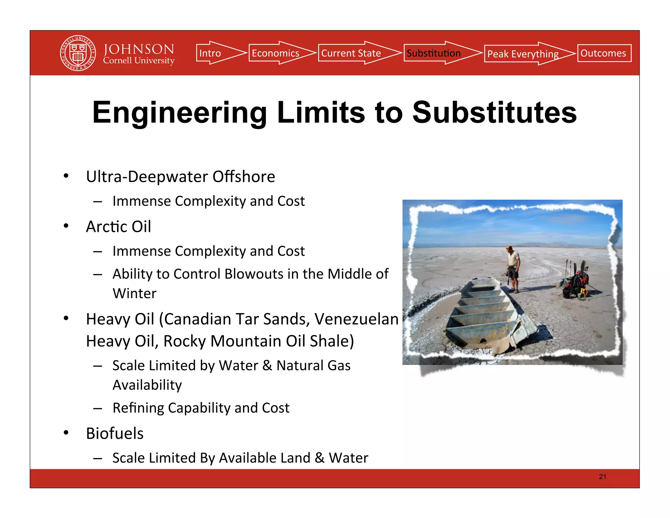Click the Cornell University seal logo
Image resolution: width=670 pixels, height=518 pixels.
click(78, 53)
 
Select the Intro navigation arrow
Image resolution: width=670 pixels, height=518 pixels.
click(216, 53)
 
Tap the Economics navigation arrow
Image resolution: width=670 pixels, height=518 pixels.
click(278, 53)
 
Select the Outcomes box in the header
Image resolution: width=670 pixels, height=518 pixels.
click(604, 53)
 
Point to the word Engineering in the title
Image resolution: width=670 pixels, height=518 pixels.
click(179, 113)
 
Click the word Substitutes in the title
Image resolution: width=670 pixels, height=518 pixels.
click(494, 113)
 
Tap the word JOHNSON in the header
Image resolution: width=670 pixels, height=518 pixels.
click(139, 49)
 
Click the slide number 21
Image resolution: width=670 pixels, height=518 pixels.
click(602, 477)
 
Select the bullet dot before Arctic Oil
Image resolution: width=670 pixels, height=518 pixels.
click(66, 226)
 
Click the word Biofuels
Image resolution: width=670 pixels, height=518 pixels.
click(115, 433)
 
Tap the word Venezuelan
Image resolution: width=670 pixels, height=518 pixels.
click(357, 319)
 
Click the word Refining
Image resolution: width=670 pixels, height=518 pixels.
click(138, 408)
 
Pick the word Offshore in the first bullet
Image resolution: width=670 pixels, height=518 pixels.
click(244, 176)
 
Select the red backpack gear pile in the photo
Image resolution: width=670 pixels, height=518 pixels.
click(576, 283)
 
